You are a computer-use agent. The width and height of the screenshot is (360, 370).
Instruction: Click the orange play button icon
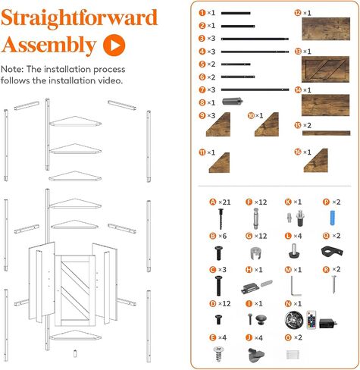pos(114,45)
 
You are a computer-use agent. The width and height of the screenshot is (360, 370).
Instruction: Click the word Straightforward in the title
pos(80,17)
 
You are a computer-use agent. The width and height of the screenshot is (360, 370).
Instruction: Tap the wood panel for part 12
pos(326,29)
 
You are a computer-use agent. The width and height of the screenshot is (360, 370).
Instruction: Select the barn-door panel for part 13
pos(326,69)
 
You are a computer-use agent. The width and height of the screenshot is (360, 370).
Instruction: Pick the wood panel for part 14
pos(326,105)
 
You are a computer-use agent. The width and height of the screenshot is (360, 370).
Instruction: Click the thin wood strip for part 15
pos(327,133)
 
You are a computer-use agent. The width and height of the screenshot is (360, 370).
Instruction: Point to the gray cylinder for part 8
pos(233,102)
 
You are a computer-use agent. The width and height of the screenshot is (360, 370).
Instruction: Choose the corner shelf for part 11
pos(219,163)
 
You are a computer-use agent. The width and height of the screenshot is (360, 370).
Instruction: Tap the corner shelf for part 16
pos(316,161)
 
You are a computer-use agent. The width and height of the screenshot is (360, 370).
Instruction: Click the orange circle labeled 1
pos(202,13)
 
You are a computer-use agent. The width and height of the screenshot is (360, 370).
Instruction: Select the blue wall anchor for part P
pos(333,218)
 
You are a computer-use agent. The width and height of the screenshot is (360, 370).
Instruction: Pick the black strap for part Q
pos(332,252)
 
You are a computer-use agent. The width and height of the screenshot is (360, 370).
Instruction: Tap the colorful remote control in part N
pos(311,320)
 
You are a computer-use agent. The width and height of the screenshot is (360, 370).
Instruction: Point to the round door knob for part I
pos(260,320)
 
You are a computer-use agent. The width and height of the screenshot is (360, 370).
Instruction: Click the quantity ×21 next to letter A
pos(224,202)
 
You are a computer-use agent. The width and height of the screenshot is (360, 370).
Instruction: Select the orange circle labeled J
pos(249,337)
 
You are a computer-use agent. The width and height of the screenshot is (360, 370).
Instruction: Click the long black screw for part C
pos(218,286)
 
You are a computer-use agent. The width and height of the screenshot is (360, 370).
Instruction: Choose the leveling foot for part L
pos(294,251)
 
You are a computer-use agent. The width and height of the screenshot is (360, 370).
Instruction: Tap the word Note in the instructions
pos(11,69)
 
